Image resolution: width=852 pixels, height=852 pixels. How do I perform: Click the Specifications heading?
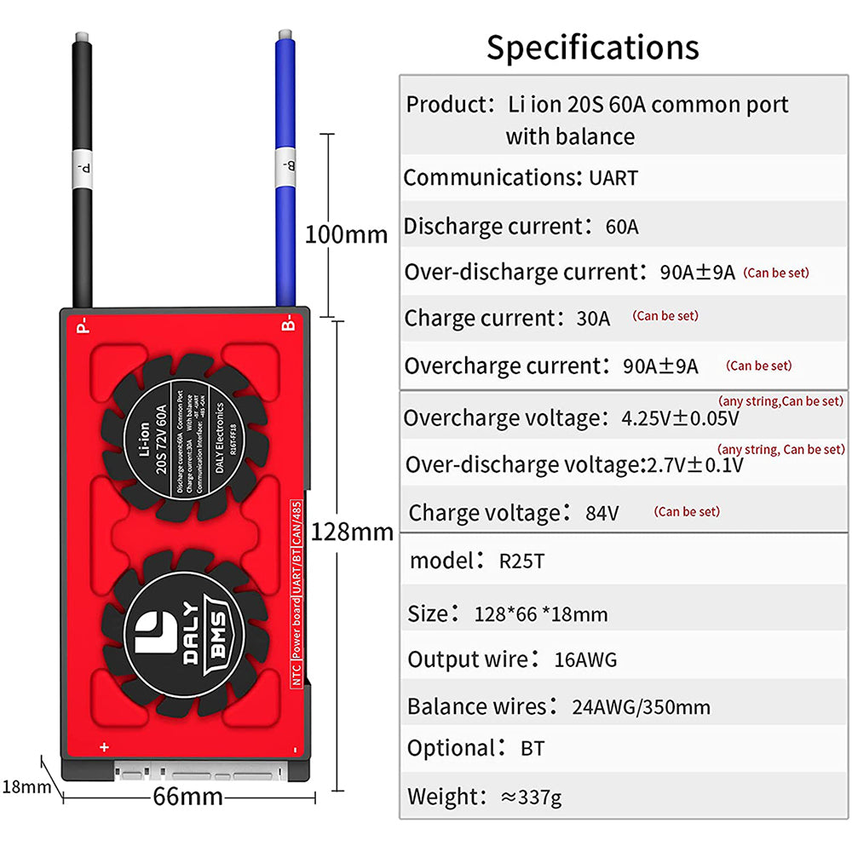[592, 48]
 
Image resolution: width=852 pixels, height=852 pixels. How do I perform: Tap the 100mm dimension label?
[346, 233]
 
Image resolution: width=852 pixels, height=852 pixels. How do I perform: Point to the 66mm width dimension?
[187, 797]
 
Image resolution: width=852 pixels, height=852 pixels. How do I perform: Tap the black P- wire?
[83, 170]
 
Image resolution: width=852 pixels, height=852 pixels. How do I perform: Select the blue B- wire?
[286, 170]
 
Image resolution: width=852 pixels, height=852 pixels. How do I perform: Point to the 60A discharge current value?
[621, 227]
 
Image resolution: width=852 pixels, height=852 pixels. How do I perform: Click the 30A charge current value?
[593, 319]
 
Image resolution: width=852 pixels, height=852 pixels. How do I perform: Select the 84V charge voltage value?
[602, 514]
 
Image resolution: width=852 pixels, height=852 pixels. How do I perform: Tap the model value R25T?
[521, 561]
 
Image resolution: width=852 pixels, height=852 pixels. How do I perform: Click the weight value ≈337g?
[531, 797]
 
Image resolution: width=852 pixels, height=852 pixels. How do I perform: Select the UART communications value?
[613, 179]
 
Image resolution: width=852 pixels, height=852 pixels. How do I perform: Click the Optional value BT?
[532, 749]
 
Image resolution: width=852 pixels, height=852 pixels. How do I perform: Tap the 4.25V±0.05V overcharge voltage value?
[680, 419]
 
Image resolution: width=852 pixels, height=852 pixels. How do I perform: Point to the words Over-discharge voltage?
[521, 465]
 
